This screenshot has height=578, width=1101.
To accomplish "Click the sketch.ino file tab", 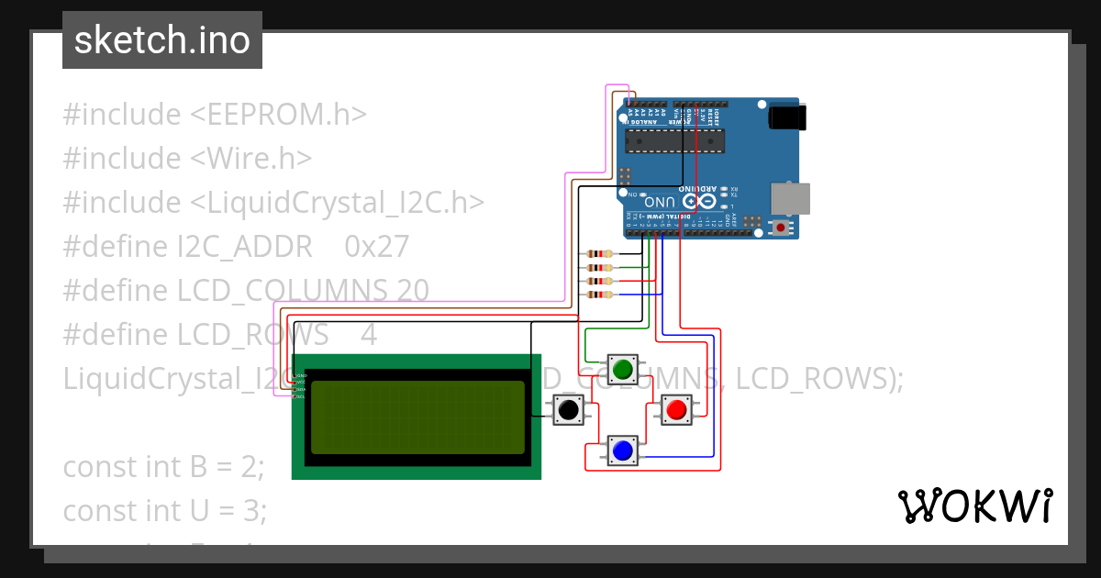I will pos(162,40).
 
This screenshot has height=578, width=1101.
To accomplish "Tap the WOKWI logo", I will pos(974,506).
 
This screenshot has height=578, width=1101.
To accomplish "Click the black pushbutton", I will pos(569,410).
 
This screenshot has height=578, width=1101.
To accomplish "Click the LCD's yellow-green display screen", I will pos(417,417).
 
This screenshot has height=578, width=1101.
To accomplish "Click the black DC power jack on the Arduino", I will pos(786,117).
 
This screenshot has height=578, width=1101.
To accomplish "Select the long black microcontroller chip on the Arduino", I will pos(674,139).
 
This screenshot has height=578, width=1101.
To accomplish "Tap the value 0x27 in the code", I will pos(376,247).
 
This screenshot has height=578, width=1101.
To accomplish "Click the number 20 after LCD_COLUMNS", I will pos(413,291).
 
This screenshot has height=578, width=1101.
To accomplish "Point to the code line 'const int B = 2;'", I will pos(163,466).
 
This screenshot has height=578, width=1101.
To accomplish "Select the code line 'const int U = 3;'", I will pos(165,510).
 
